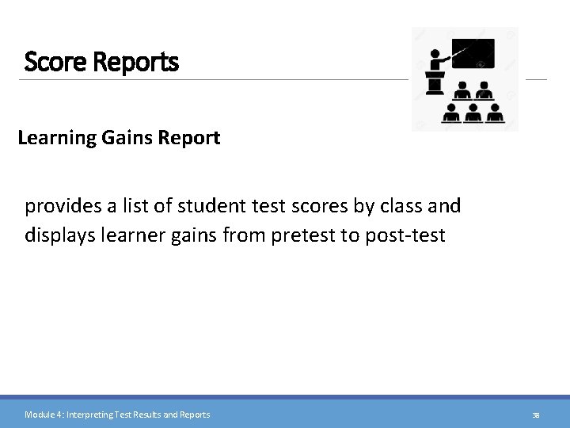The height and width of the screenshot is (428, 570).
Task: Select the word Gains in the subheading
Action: click(127, 138)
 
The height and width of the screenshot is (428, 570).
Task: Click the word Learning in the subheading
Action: click(56, 138)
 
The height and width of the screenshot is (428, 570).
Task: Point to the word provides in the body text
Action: click(62, 207)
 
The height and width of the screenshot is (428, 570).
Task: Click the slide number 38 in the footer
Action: click(536, 415)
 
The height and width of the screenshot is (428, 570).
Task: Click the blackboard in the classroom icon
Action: click(473, 54)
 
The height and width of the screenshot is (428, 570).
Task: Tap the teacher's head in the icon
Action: click(434, 55)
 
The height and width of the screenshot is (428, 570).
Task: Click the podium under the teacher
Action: click(435, 83)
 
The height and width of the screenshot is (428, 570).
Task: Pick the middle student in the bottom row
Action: click(473, 113)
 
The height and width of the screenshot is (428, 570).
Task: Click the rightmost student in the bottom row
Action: click(495, 113)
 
